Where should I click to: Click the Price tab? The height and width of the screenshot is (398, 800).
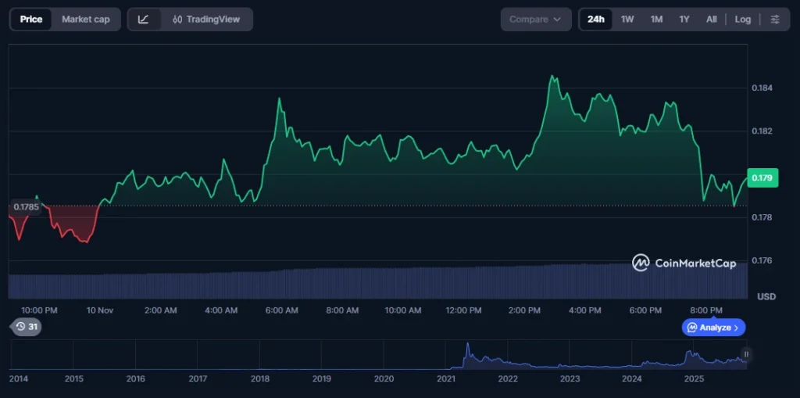pyautogui.click(x=31, y=20)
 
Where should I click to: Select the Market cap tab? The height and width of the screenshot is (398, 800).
pyautogui.click(x=86, y=20)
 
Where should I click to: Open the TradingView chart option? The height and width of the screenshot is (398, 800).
pyautogui.click(x=206, y=20)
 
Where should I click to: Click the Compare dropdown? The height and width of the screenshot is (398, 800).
pyautogui.click(x=535, y=20)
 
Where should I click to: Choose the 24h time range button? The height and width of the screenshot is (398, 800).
pyautogui.click(x=596, y=20)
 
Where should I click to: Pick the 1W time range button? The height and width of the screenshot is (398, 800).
pyautogui.click(x=627, y=20)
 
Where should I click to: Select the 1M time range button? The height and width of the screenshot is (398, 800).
pyautogui.click(x=656, y=20)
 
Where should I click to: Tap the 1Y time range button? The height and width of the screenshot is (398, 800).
pyautogui.click(x=684, y=20)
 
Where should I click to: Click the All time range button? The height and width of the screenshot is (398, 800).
pyautogui.click(x=711, y=20)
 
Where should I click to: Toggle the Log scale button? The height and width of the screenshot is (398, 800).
pyautogui.click(x=743, y=20)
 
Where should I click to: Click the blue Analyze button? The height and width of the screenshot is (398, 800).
pyautogui.click(x=714, y=328)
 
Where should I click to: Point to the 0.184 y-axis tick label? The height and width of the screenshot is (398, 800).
pyautogui.click(x=762, y=88)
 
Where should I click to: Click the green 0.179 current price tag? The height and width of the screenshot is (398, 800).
pyautogui.click(x=762, y=178)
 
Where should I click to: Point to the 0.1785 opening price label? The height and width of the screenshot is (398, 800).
pyautogui.click(x=26, y=207)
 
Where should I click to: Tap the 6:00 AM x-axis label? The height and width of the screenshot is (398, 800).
pyautogui.click(x=281, y=310)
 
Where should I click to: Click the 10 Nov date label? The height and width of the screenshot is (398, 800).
pyautogui.click(x=100, y=310)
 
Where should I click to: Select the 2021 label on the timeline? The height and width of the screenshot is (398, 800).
pyautogui.click(x=446, y=378)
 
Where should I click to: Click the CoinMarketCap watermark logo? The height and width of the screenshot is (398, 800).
pyautogui.click(x=684, y=264)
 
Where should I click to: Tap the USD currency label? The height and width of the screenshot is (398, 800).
pyautogui.click(x=766, y=297)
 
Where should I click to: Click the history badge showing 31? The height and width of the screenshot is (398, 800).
pyautogui.click(x=26, y=327)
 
